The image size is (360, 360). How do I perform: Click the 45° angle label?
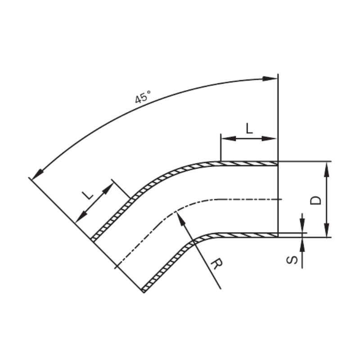(143, 97)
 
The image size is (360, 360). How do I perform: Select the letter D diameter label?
(316, 200)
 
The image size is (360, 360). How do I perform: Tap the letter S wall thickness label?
(292, 260)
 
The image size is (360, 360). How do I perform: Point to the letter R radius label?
(216, 264)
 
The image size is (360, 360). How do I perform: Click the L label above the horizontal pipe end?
(249, 128)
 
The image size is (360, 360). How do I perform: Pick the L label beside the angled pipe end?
(88, 195)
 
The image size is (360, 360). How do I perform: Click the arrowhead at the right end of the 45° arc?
(270, 79)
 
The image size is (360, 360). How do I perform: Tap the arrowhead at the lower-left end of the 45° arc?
(37, 175)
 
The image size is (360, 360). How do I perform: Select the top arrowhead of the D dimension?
(327, 169)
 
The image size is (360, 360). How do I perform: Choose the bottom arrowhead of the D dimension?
(327, 230)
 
